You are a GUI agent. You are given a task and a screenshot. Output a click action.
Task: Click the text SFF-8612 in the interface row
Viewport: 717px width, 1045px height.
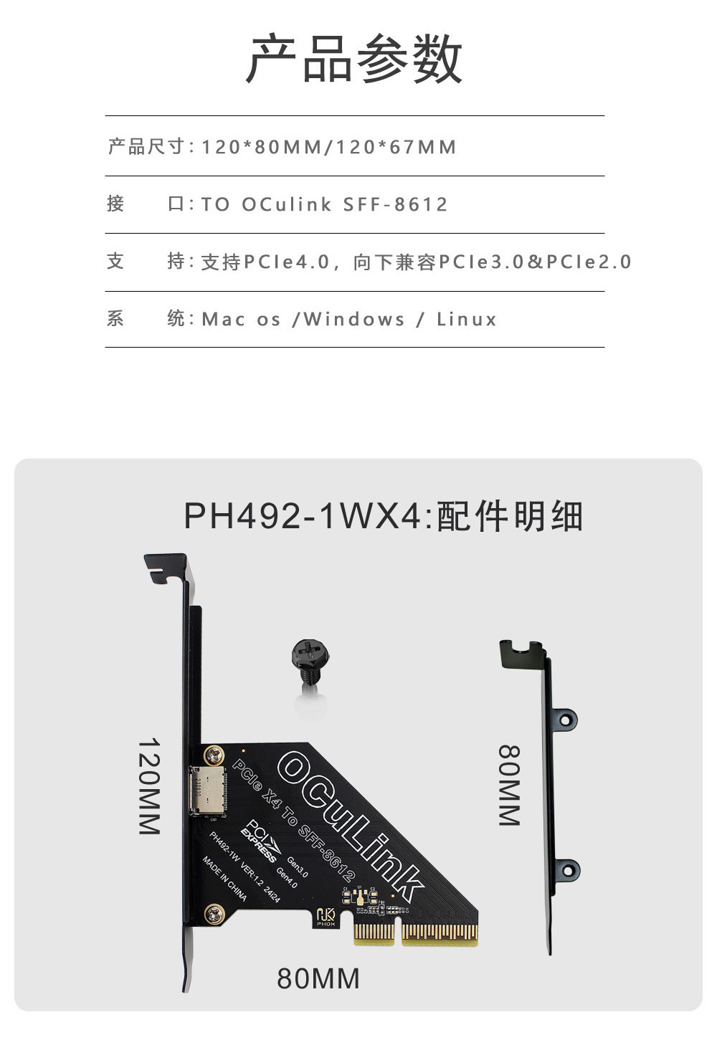coord(395,205)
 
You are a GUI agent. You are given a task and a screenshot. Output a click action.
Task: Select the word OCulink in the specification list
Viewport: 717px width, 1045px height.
coord(287,205)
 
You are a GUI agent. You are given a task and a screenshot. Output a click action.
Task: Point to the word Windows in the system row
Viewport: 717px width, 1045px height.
coord(354,320)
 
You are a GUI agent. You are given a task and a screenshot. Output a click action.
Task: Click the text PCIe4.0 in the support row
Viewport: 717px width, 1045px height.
coord(286,262)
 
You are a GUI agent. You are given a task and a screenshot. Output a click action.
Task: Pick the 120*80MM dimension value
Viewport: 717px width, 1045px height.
coord(262,148)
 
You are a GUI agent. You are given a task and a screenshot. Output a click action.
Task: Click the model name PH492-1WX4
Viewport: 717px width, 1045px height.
coord(302,516)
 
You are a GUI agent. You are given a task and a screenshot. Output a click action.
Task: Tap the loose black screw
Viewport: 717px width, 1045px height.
coord(309,662)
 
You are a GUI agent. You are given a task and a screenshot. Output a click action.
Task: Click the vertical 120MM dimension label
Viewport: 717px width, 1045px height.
coord(148,786)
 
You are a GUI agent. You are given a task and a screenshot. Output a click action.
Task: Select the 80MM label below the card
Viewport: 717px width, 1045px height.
coord(318,979)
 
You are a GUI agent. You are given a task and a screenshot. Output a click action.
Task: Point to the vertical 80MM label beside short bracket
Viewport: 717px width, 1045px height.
coord(509,785)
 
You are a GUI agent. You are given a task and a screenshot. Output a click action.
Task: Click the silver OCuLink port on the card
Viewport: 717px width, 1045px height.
coord(205,791)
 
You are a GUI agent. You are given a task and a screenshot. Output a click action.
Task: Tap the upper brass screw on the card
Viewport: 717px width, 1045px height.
coord(214,755)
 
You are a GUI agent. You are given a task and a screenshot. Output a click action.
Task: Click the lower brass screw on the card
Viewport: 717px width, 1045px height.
coord(214,913)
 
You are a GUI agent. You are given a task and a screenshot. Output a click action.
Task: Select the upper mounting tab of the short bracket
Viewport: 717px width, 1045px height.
coord(566,718)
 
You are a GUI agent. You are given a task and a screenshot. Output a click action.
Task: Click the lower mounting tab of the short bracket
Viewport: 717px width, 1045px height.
coord(566,870)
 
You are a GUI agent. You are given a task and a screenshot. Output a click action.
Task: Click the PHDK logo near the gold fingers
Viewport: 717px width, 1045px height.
coord(326,917)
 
